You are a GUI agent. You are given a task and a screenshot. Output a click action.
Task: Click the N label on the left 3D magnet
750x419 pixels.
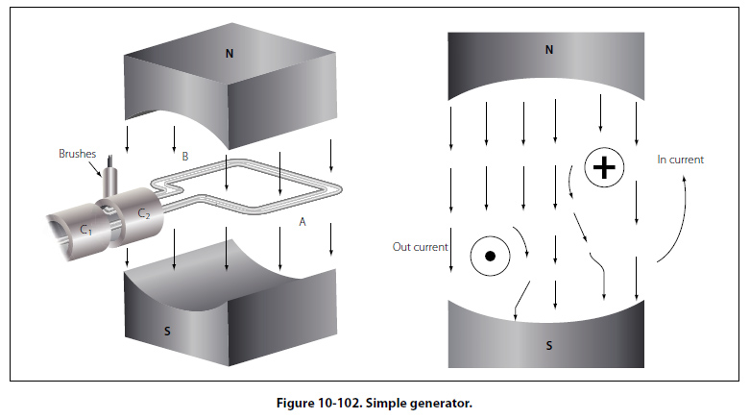click(x=229, y=53)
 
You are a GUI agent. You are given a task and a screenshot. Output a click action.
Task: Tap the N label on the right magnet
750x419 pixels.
click(x=548, y=49)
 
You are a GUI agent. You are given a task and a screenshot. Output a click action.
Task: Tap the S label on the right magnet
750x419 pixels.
click(x=548, y=345)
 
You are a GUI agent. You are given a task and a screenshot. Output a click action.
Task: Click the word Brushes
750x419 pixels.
click(x=76, y=154)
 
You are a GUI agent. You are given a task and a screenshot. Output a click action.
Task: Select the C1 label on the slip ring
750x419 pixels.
click(x=86, y=230)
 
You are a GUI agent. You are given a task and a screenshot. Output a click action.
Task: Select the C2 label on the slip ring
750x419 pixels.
click(x=144, y=212)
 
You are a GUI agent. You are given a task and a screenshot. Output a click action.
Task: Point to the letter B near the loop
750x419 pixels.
click(x=185, y=155)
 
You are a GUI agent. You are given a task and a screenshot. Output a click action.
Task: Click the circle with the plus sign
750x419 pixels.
click(x=603, y=168)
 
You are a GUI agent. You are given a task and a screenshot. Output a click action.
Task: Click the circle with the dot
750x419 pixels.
click(x=489, y=257)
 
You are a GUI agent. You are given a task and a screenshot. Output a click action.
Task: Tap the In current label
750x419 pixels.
click(x=680, y=160)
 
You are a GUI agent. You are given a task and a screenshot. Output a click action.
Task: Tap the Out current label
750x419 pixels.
click(x=420, y=247)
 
